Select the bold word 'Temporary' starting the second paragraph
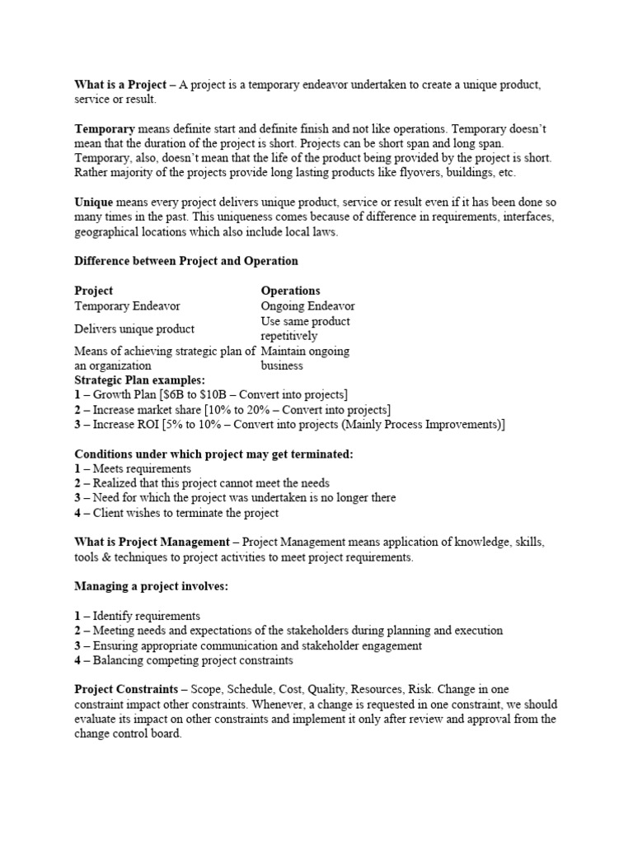(x=105, y=129)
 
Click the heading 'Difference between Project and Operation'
(x=186, y=261)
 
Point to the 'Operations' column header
(x=290, y=291)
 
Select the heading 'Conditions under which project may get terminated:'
(x=213, y=454)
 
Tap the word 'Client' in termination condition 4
(x=109, y=513)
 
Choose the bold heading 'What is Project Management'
(x=151, y=542)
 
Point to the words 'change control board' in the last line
(x=127, y=734)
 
